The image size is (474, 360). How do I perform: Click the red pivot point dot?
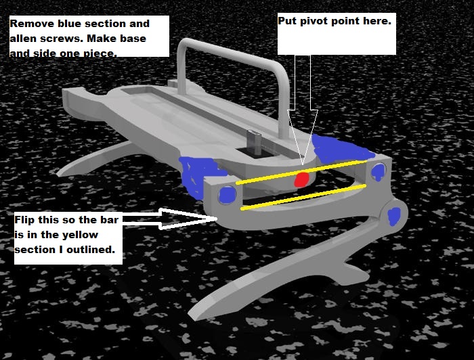301,180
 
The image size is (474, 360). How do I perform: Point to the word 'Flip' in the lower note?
25,220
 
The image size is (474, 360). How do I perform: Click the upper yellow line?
301,173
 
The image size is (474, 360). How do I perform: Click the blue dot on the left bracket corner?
228,195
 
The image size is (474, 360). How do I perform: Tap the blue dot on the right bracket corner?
378,172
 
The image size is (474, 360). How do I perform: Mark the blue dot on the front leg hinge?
393,217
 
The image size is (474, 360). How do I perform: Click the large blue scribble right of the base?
340,149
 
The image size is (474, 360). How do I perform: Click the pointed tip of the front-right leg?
194,315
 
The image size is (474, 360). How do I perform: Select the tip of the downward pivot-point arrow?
303,165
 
